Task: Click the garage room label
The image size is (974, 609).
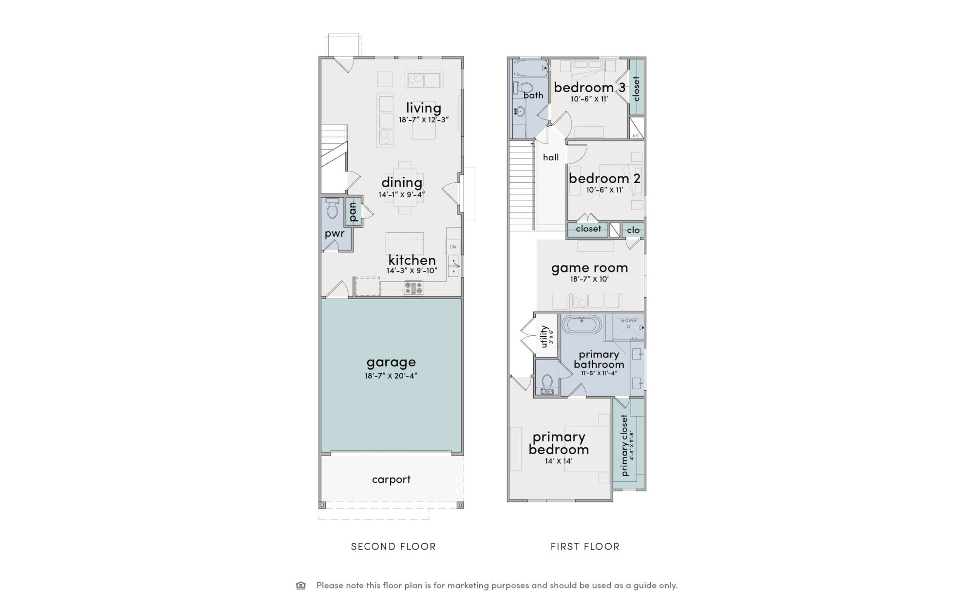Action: [x=391, y=362]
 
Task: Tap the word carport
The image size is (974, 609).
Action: [x=391, y=480]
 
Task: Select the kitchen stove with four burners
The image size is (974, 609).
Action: [x=413, y=288]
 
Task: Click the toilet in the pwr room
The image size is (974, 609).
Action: [x=333, y=209]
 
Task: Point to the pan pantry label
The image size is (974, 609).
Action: [x=354, y=212]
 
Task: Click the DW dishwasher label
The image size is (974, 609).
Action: [x=453, y=247]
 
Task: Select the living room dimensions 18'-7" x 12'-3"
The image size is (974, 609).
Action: [x=423, y=119]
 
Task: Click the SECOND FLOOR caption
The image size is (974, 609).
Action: [x=393, y=547]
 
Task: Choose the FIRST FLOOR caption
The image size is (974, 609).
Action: [x=585, y=547]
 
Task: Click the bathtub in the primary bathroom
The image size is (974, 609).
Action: [x=581, y=324]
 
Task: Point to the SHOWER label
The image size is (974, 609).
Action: [x=628, y=321]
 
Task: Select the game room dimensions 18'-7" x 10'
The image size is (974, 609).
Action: [x=589, y=279]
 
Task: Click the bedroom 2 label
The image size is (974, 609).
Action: [x=604, y=178]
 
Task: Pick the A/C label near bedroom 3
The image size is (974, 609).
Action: [x=636, y=135]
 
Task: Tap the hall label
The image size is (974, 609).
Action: [x=551, y=157]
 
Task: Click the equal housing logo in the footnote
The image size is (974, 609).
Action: [x=301, y=586]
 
